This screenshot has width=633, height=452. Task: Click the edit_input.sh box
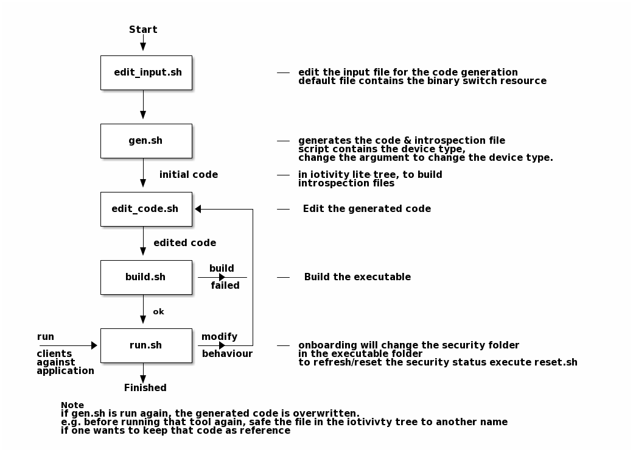pos(146,72)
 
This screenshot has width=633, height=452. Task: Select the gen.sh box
pos(146,141)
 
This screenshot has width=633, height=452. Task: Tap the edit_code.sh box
pos(146,209)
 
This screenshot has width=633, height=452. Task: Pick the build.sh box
pos(146,278)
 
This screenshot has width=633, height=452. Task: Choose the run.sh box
pos(146,346)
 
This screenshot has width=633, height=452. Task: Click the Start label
pos(143,29)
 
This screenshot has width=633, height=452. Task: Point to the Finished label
pos(145,388)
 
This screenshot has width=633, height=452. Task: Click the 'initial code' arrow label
pos(189,174)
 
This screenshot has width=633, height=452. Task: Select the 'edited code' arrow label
pos(185,243)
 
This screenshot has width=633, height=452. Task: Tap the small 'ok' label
pos(159,311)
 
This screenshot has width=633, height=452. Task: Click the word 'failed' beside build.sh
pos(225,286)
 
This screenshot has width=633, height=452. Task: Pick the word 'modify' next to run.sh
pos(219,336)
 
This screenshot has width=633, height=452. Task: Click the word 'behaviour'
pos(227,354)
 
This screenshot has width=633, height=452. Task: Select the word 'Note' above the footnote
pos(72,405)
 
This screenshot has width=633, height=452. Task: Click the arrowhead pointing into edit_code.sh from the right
pos(198,209)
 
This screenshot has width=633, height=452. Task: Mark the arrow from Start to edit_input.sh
pos(143,43)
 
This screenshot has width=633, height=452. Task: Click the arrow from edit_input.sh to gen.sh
pos(143,104)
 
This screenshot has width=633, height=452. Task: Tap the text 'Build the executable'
pos(357,277)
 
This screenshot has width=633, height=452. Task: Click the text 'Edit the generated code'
pos(367,209)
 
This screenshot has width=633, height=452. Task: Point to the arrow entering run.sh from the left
pos(68,345)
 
